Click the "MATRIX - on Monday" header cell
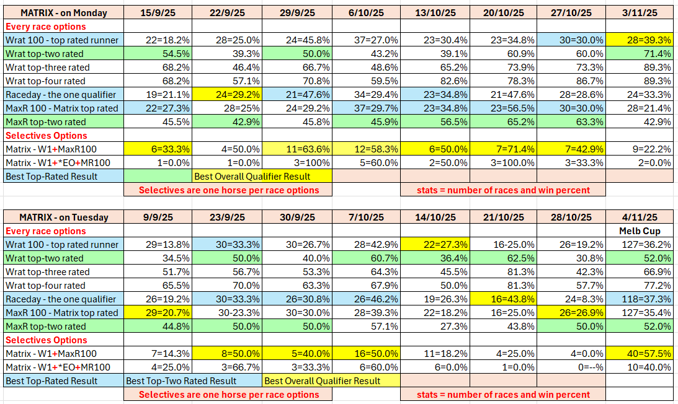pos(63,12)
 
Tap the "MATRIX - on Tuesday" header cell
pos(63,217)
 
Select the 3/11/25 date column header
pos(640,12)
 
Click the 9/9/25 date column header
pos(158,217)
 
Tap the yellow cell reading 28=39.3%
pos(640,40)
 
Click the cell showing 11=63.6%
pos(298,149)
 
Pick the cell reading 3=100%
pos(298,162)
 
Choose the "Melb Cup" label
pos(640,231)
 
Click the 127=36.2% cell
pos(640,244)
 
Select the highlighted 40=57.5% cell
pos(640,353)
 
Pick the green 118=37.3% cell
pos(640,299)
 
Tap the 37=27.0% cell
pos(366,40)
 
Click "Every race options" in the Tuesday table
pos(45,231)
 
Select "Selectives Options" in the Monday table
pos(46,135)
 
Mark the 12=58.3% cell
pos(366,149)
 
